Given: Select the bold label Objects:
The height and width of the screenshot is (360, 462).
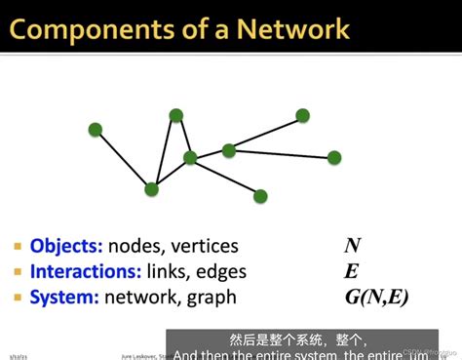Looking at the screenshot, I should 66,246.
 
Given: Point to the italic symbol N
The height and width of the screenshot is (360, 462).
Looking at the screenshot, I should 352,246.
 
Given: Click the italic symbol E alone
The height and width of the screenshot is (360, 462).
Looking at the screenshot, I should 351,271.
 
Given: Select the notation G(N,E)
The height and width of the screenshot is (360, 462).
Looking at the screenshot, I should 376,297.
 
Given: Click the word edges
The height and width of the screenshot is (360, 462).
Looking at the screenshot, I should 221,272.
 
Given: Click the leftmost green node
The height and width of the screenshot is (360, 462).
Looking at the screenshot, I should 96,129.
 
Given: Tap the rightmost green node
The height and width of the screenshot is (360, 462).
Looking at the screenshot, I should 334,157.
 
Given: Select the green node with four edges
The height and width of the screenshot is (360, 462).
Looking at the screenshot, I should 190,157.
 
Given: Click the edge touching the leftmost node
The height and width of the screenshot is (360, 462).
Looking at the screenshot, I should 123,158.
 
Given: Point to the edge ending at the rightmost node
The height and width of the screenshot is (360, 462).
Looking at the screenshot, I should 282,153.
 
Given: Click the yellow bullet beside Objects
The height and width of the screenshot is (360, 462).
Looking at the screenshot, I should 19,247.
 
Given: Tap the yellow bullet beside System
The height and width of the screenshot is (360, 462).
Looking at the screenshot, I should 19,298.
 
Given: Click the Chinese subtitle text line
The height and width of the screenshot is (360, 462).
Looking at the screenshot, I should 297,340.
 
